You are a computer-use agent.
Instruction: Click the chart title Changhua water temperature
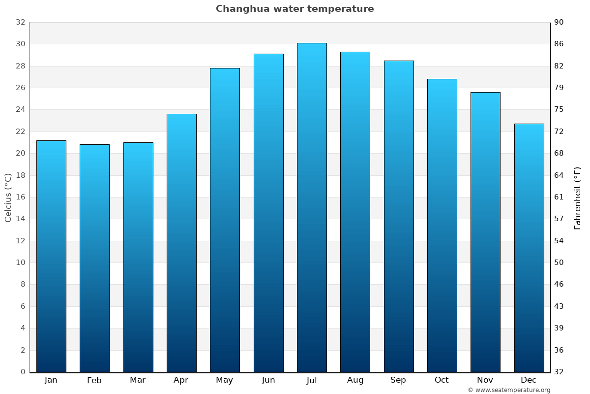point(295,9)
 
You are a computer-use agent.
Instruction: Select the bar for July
point(312,207)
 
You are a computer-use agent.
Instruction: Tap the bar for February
point(94,258)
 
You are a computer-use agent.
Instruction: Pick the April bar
point(181,243)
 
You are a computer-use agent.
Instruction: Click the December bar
point(529,248)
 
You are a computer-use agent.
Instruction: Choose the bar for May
point(225,220)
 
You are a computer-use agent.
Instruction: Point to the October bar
point(442,225)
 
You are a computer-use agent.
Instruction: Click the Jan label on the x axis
point(51,380)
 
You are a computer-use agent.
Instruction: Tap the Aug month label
point(355,380)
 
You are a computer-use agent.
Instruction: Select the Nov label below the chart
point(485,380)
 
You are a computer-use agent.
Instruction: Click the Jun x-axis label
point(268,380)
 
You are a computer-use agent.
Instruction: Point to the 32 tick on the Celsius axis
point(20,22)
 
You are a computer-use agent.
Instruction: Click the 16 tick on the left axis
point(20,197)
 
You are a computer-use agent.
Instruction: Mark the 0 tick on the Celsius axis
point(23,372)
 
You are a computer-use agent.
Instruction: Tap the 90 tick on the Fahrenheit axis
point(559,22)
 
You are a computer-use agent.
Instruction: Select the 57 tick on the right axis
point(559,219)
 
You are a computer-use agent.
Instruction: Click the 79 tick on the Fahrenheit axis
point(559,88)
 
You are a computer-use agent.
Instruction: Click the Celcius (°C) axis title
point(8,197)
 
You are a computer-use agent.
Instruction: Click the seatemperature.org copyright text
point(509,390)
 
